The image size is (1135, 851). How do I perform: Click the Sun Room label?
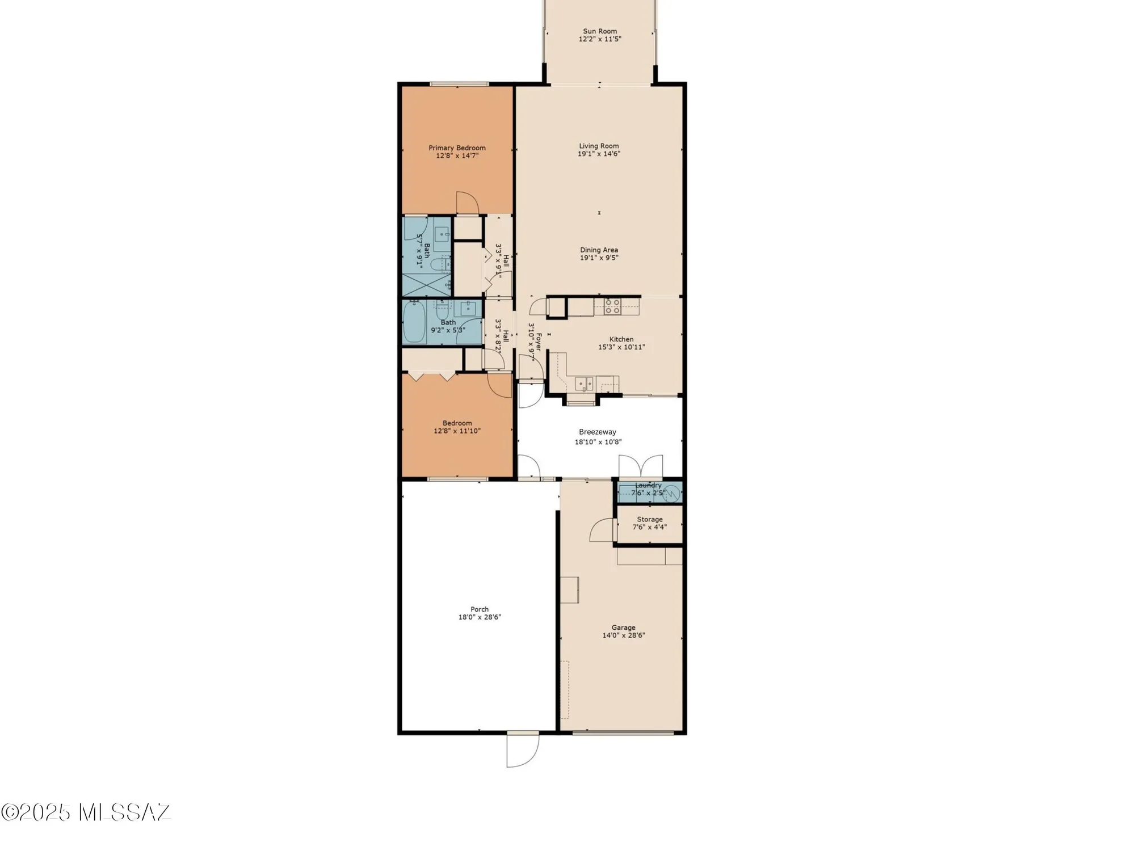pyautogui.click(x=599, y=31)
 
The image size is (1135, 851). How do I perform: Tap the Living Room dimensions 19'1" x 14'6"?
pyautogui.click(x=599, y=154)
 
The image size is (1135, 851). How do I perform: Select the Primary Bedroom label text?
pyautogui.click(x=457, y=148)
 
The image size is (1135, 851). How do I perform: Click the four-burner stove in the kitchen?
pyautogui.click(x=612, y=306)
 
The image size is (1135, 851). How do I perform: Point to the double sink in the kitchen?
pyautogui.click(x=584, y=384)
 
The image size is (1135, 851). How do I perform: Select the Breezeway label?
pyautogui.click(x=597, y=432)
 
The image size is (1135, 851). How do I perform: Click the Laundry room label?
pyautogui.click(x=648, y=485)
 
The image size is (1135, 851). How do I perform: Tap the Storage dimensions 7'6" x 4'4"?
pyautogui.click(x=650, y=527)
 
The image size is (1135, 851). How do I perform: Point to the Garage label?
pyautogui.click(x=623, y=627)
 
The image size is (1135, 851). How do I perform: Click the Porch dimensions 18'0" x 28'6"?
pyautogui.click(x=480, y=617)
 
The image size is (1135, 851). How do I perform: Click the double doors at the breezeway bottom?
pyautogui.click(x=641, y=467)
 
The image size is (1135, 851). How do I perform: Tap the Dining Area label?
pyautogui.click(x=599, y=250)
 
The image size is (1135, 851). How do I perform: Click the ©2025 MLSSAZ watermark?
pyautogui.click(x=85, y=812)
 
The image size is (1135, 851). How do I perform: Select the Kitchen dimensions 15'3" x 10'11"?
pyautogui.click(x=621, y=347)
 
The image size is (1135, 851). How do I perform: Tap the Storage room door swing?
pyautogui.click(x=602, y=530)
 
